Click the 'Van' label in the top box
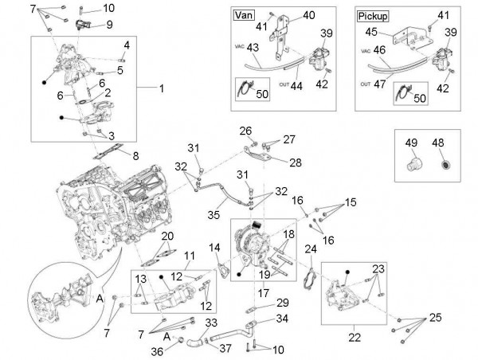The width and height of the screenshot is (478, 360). coord(241,14)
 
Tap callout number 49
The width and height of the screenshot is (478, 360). coord(412,143)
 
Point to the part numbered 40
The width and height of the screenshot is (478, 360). coord(308,15)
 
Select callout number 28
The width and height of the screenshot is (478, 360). coord(273,162)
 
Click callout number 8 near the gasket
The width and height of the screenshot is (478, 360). coord(135,155)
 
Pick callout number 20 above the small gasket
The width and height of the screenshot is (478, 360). coord(167,237)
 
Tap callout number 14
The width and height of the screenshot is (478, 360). coord(214,248)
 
